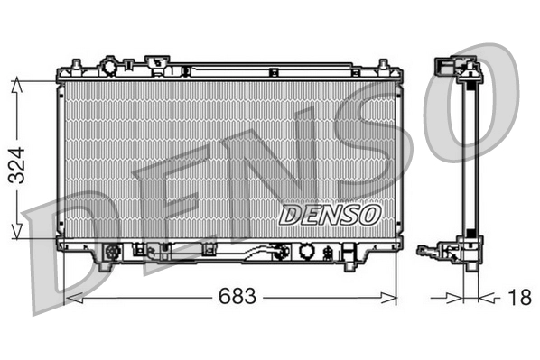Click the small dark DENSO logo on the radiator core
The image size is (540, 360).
pyautogui.click(x=330, y=215)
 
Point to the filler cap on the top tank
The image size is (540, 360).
pyautogui.click(x=109, y=68)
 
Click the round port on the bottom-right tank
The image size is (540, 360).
pyautogui.click(x=307, y=252)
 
